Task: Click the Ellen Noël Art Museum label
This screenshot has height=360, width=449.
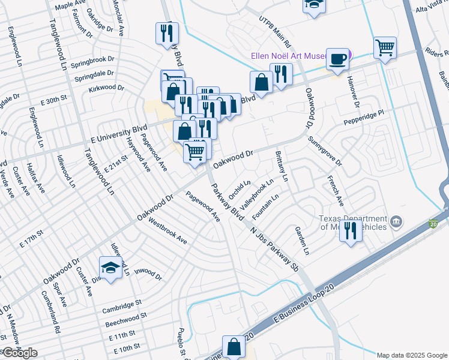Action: pos(288,58)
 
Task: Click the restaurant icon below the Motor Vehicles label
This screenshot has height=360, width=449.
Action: pos(351,230)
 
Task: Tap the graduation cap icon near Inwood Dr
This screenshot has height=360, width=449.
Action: pos(110,268)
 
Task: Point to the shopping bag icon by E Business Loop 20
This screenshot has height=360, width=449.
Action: pos(234,347)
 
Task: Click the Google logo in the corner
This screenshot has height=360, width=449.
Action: pos(19,353)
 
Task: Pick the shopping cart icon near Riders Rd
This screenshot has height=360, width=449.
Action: pos(384,47)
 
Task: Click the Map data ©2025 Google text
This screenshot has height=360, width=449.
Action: pos(411,355)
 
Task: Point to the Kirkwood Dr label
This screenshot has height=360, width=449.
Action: pos(104,88)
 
